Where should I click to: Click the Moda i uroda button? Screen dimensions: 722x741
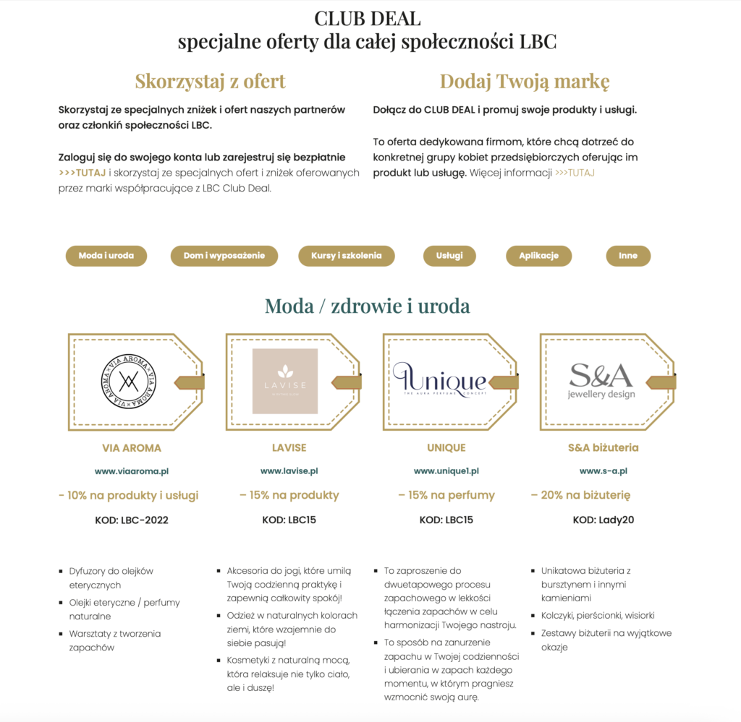pos(106,256)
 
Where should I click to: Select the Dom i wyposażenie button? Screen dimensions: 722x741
pos(224,256)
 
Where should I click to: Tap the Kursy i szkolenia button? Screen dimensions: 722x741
pos(346,256)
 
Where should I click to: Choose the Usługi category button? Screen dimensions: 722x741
pos(449,256)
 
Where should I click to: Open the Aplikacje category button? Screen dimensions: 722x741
pos(538,256)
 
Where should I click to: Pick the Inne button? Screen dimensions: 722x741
pos(628,256)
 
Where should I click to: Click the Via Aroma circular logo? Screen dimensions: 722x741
pos(130,381)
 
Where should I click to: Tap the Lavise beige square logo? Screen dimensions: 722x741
pos(285,381)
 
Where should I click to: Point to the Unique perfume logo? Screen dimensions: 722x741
pos(439,380)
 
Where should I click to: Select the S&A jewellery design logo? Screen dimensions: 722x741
pos(601,380)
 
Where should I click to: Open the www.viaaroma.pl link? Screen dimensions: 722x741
pos(132,471)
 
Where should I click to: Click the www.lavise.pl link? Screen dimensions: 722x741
pos(289,471)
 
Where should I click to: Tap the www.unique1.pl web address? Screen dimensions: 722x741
pos(446,471)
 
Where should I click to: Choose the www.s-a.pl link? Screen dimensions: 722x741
pos(604,471)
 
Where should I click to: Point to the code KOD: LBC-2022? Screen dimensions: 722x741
pos(132,520)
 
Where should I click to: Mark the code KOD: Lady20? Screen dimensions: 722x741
pos(604,520)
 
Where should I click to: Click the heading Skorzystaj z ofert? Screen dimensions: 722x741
pos(210,81)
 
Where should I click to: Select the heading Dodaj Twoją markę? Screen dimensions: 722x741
pos(525,81)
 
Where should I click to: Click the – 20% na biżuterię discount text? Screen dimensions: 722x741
pos(580,495)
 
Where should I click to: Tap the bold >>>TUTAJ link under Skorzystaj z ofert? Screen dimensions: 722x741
pos(82,173)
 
